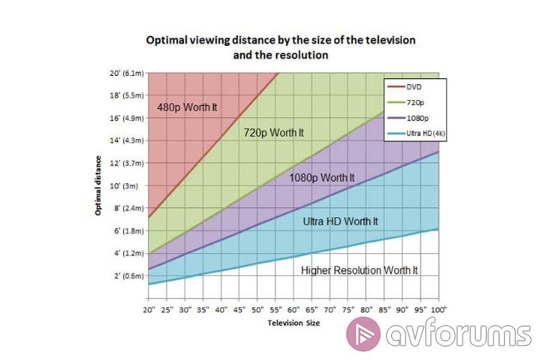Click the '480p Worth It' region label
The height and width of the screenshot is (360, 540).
[x=187, y=107]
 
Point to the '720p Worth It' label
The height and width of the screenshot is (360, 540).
[x=273, y=133]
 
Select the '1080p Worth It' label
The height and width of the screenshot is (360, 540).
[x=321, y=178]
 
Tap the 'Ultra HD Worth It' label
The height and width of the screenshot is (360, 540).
[x=340, y=222]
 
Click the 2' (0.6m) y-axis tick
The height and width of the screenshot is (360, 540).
[x=127, y=275]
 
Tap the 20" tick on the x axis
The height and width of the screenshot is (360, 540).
[x=148, y=309]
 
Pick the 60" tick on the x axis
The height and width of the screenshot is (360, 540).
[x=293, y=309]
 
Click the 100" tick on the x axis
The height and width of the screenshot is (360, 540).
[x=439, y=309]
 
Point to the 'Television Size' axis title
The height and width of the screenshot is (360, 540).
[x=293, y=323]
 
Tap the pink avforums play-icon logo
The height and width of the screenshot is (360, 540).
[x=364, y=334]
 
